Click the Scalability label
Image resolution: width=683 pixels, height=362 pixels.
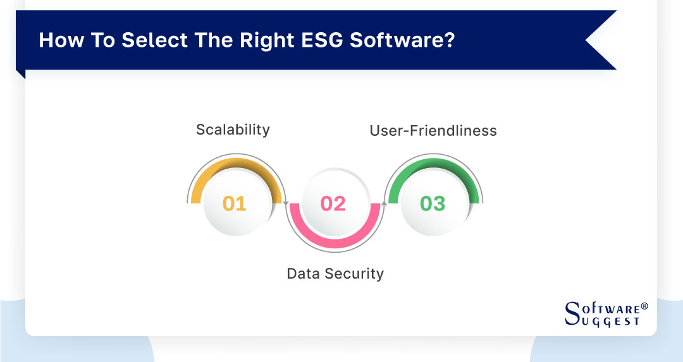233,130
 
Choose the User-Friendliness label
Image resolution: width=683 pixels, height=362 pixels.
433,131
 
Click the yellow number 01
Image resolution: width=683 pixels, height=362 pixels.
234,203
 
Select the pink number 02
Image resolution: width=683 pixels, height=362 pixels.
333,203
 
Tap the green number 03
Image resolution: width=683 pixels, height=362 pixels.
433,203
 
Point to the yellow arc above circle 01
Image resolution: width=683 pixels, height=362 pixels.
235,166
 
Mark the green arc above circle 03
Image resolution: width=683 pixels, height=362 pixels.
433,166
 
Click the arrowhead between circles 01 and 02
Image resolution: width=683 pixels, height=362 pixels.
286,203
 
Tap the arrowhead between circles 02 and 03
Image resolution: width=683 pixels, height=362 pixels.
384,203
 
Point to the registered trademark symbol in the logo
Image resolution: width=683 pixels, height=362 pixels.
644,306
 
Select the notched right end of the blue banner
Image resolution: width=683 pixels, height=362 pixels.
598,40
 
